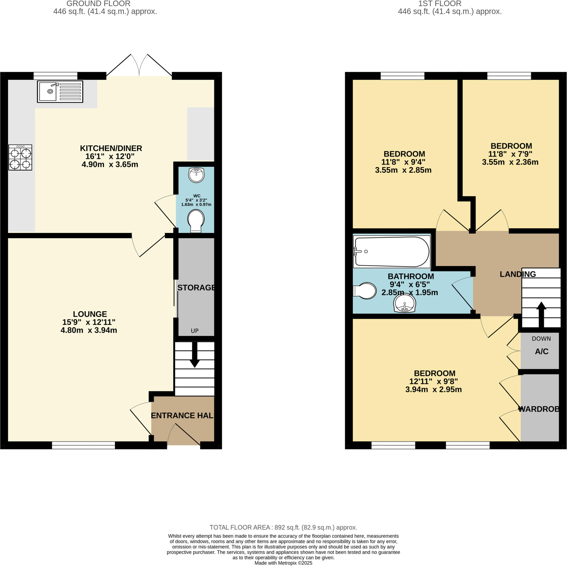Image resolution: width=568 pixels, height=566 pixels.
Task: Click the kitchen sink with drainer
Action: [x=60, y=92]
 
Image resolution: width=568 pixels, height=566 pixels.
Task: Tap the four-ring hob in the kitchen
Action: [x=20, y=157]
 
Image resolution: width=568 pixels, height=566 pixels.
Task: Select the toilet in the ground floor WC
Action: [x=196, y=221]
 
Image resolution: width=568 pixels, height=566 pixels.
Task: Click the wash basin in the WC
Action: [x=196, y=175]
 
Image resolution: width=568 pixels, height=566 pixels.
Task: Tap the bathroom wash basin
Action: [x=405, y=303]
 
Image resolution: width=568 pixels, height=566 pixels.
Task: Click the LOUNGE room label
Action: [x=90, y=314]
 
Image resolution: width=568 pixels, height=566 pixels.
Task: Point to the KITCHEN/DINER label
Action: [x=111, y=148]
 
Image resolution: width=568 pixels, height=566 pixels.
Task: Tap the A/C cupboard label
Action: [x=542, y=351]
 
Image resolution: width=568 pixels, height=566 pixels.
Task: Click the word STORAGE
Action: [x=196, y=287]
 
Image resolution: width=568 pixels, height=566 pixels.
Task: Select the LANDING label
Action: [x=518, y=274]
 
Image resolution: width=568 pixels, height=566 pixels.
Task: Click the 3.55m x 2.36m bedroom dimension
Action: [x=510, y=162]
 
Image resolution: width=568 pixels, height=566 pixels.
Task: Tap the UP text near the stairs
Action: [x=195, y=331]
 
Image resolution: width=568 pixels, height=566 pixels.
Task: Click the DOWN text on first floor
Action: [x=541, y=339]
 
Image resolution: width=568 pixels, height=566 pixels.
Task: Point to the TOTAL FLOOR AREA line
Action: [x=283, y=527]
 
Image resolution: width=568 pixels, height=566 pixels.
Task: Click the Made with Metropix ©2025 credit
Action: [x=283, y=563]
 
